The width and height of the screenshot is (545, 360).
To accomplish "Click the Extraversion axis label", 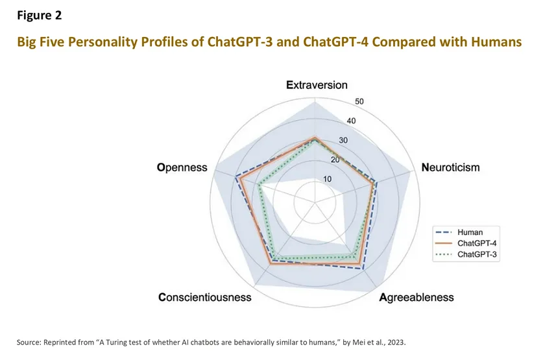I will coord(317,85).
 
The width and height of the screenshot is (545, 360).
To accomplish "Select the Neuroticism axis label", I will coord(450,167).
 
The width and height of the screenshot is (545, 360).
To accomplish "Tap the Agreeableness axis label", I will coord(416,298).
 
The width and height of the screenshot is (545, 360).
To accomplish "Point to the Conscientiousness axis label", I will coord(204,298).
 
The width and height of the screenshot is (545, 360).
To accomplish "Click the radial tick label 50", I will coord(359,101).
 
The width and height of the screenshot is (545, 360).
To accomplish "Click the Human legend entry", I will coord(470,232).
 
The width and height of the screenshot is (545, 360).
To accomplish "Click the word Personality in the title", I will coord(112,42).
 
